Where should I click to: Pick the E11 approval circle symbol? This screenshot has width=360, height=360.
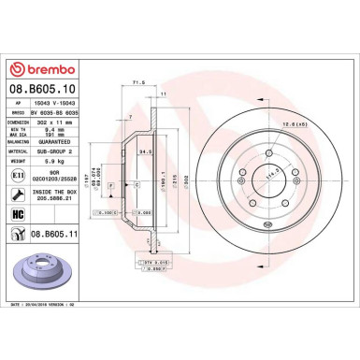coord(19,175)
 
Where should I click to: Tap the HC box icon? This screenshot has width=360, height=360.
coord(19,217)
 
